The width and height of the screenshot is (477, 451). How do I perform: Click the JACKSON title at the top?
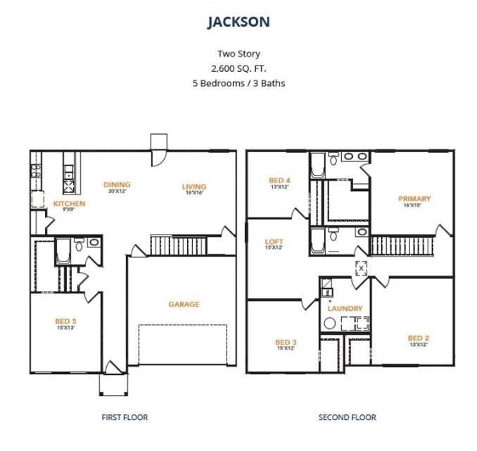click(238, 22)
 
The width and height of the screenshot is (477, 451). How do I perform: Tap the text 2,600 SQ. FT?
click(238, 68)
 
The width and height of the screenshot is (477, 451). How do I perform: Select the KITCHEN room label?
click(69, 204)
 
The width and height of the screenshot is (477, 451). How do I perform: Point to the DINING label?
click(117, 185)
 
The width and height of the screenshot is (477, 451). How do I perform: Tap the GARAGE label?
click(184, 304)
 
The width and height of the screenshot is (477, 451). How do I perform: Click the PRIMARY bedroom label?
click(414, 199)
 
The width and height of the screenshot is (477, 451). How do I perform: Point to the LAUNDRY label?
click(345, 309)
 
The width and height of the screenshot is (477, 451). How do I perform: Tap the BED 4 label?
click(280, 180)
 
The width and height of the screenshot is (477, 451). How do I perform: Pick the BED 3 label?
click(286, 342)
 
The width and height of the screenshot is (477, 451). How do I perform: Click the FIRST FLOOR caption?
click(125, 417)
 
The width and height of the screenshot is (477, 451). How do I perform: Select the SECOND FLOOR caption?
click(347, 417)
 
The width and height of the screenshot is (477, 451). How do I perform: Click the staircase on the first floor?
click(179, 246)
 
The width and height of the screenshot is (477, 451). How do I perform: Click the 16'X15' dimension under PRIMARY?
click(414, 206)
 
